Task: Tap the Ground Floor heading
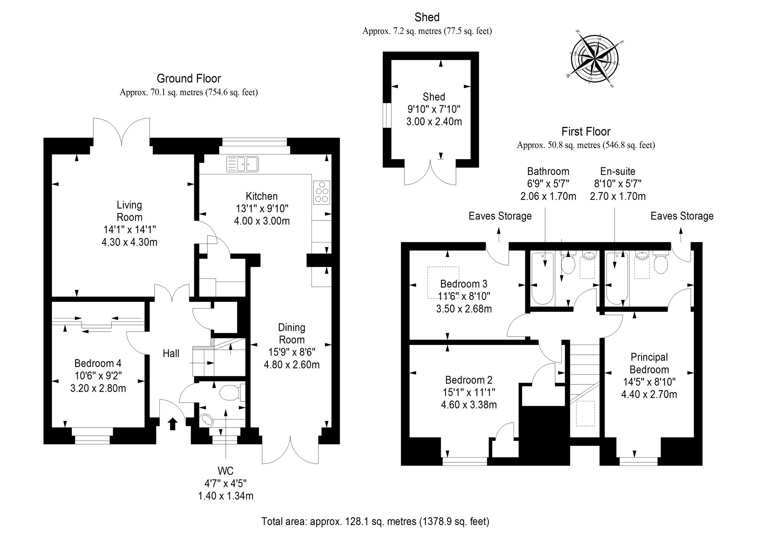click(x=188, y=78)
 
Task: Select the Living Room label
click(x=129, y=211)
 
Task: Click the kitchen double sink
click(x=243, y=164)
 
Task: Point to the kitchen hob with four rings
click(x=322, y=192)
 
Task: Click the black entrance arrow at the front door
click(x=173, y=423)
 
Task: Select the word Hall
click(x=171, y=353)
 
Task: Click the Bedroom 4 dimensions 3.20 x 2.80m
click(x=98, y=388)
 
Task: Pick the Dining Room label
click(x=291, y=334)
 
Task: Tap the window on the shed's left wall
click(x=387, y=115)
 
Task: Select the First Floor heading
click(x=586, y=132)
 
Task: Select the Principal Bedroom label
click(x=649, y=363)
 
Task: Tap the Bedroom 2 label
click(x=468, y=380)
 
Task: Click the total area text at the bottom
click(x=375, y=521)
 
